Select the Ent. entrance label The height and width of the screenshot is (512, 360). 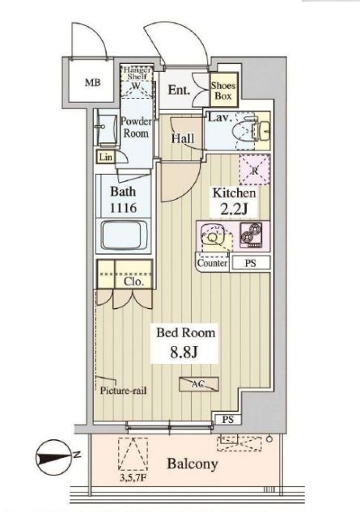tap(180, 91)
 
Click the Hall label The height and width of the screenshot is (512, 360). tap(183, 138)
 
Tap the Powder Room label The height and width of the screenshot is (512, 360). tap(135, 127)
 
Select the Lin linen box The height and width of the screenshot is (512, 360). tap(105, 157)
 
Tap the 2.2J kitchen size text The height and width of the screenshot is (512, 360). tap(235, 209)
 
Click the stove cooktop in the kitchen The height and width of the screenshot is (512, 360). tap(249, 236)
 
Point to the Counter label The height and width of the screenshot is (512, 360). tap(212, 264)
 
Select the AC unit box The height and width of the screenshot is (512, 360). tap(197, 386)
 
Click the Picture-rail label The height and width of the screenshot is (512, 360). tap(123, 390)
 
